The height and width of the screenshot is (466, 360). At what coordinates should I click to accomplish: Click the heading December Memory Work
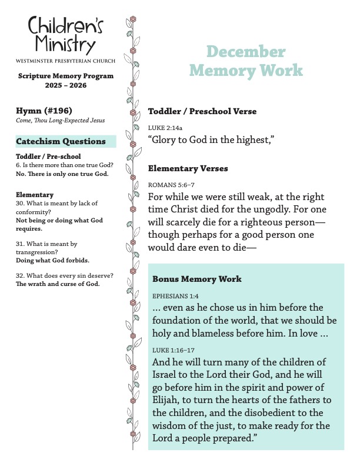click(246, 61)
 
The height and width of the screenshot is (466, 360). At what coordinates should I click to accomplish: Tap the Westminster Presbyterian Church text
click(65, 61)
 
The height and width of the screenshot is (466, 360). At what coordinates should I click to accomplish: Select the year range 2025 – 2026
click(65, 86)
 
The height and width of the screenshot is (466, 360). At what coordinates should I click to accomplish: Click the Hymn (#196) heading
click(41, 111)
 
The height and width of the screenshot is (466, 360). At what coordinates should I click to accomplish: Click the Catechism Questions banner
click(61, 141)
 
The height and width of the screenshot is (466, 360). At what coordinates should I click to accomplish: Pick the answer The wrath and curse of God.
click(58, 284)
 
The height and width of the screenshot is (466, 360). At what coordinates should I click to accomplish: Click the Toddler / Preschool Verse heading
click(202, 111)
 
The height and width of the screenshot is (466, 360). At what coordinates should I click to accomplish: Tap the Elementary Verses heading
click(188, 169)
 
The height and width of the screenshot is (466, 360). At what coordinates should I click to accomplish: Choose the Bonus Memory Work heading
click(196, 278)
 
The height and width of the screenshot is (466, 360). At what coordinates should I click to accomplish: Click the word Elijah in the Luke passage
click(165, 400)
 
